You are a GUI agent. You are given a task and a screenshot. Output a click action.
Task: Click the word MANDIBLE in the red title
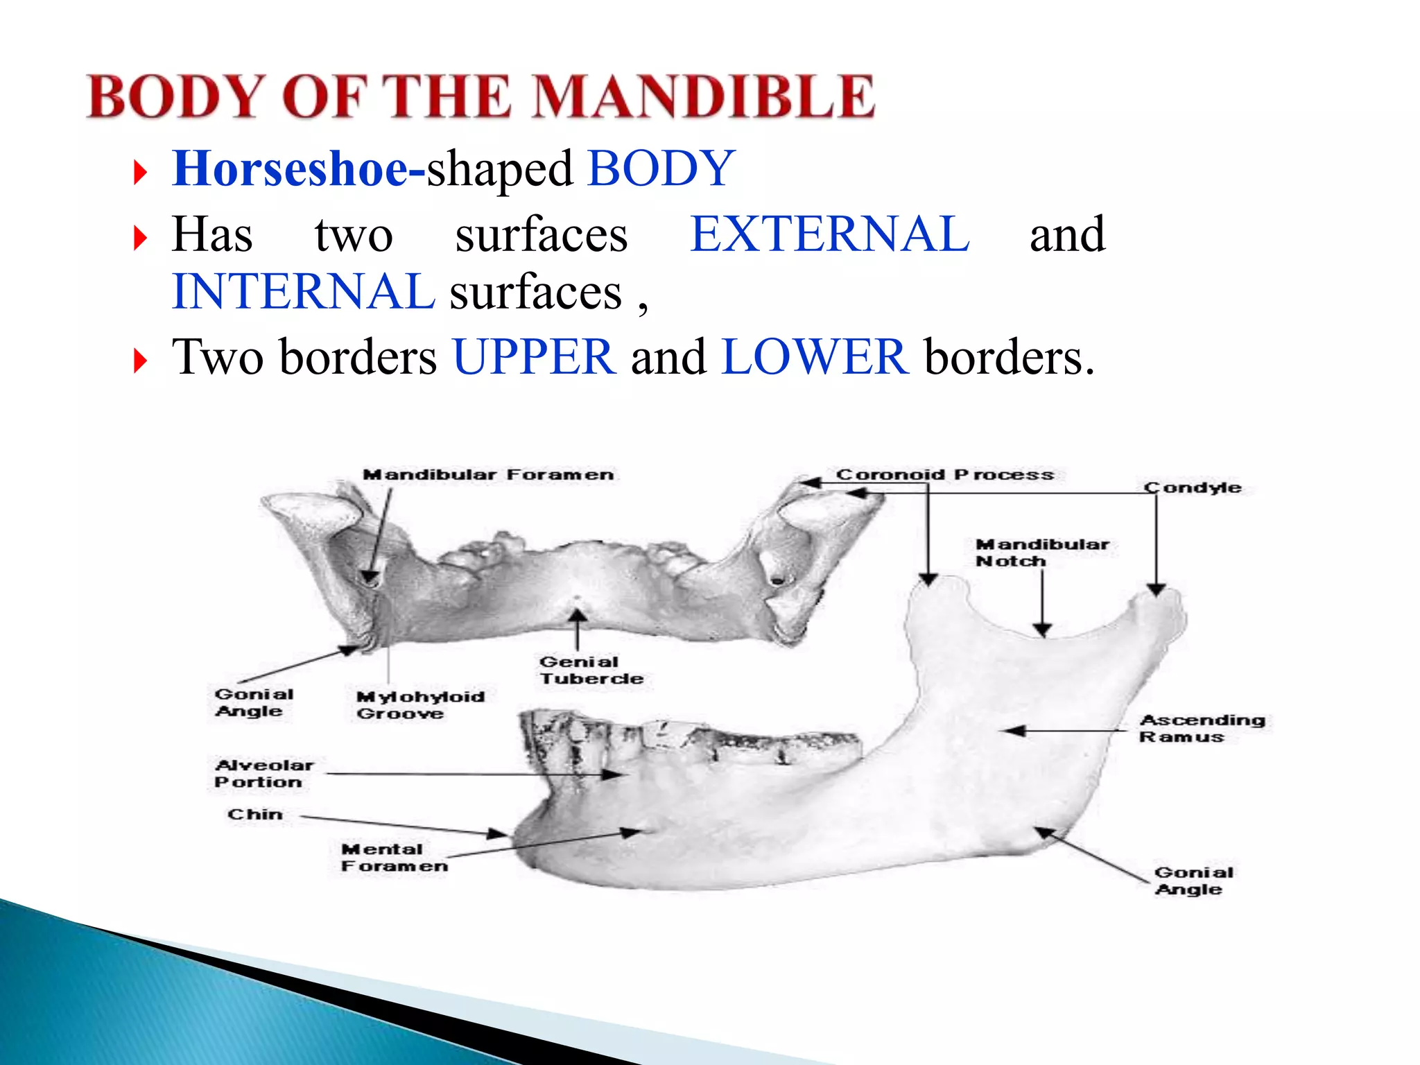click(704, 96)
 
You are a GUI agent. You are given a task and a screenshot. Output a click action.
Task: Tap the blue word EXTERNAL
click(829, 234)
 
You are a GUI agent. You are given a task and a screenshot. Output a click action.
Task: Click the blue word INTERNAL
click(303, 292)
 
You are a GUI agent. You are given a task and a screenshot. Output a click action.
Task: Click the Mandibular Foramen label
click(487, 475)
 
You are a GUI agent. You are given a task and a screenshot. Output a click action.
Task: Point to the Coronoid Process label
click(944, 475)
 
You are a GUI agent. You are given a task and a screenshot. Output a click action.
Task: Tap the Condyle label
click(1193, 488)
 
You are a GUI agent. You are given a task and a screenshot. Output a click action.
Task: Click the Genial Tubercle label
click(591, 670)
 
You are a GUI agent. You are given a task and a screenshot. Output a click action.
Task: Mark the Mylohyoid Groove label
click(419, 705)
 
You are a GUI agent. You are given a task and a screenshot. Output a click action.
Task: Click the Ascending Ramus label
click(1202, 729)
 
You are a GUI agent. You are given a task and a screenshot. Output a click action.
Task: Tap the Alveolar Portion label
click(263, 774)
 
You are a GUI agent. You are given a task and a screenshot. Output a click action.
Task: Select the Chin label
click(254, 815)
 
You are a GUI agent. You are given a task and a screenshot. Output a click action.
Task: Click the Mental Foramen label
click(393, 858)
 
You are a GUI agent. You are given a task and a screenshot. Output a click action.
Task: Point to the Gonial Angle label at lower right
click(1193, 881)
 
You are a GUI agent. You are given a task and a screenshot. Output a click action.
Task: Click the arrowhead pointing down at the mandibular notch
click(1042, 629)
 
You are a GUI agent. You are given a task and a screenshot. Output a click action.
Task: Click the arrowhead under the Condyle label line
click(1155, 589)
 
